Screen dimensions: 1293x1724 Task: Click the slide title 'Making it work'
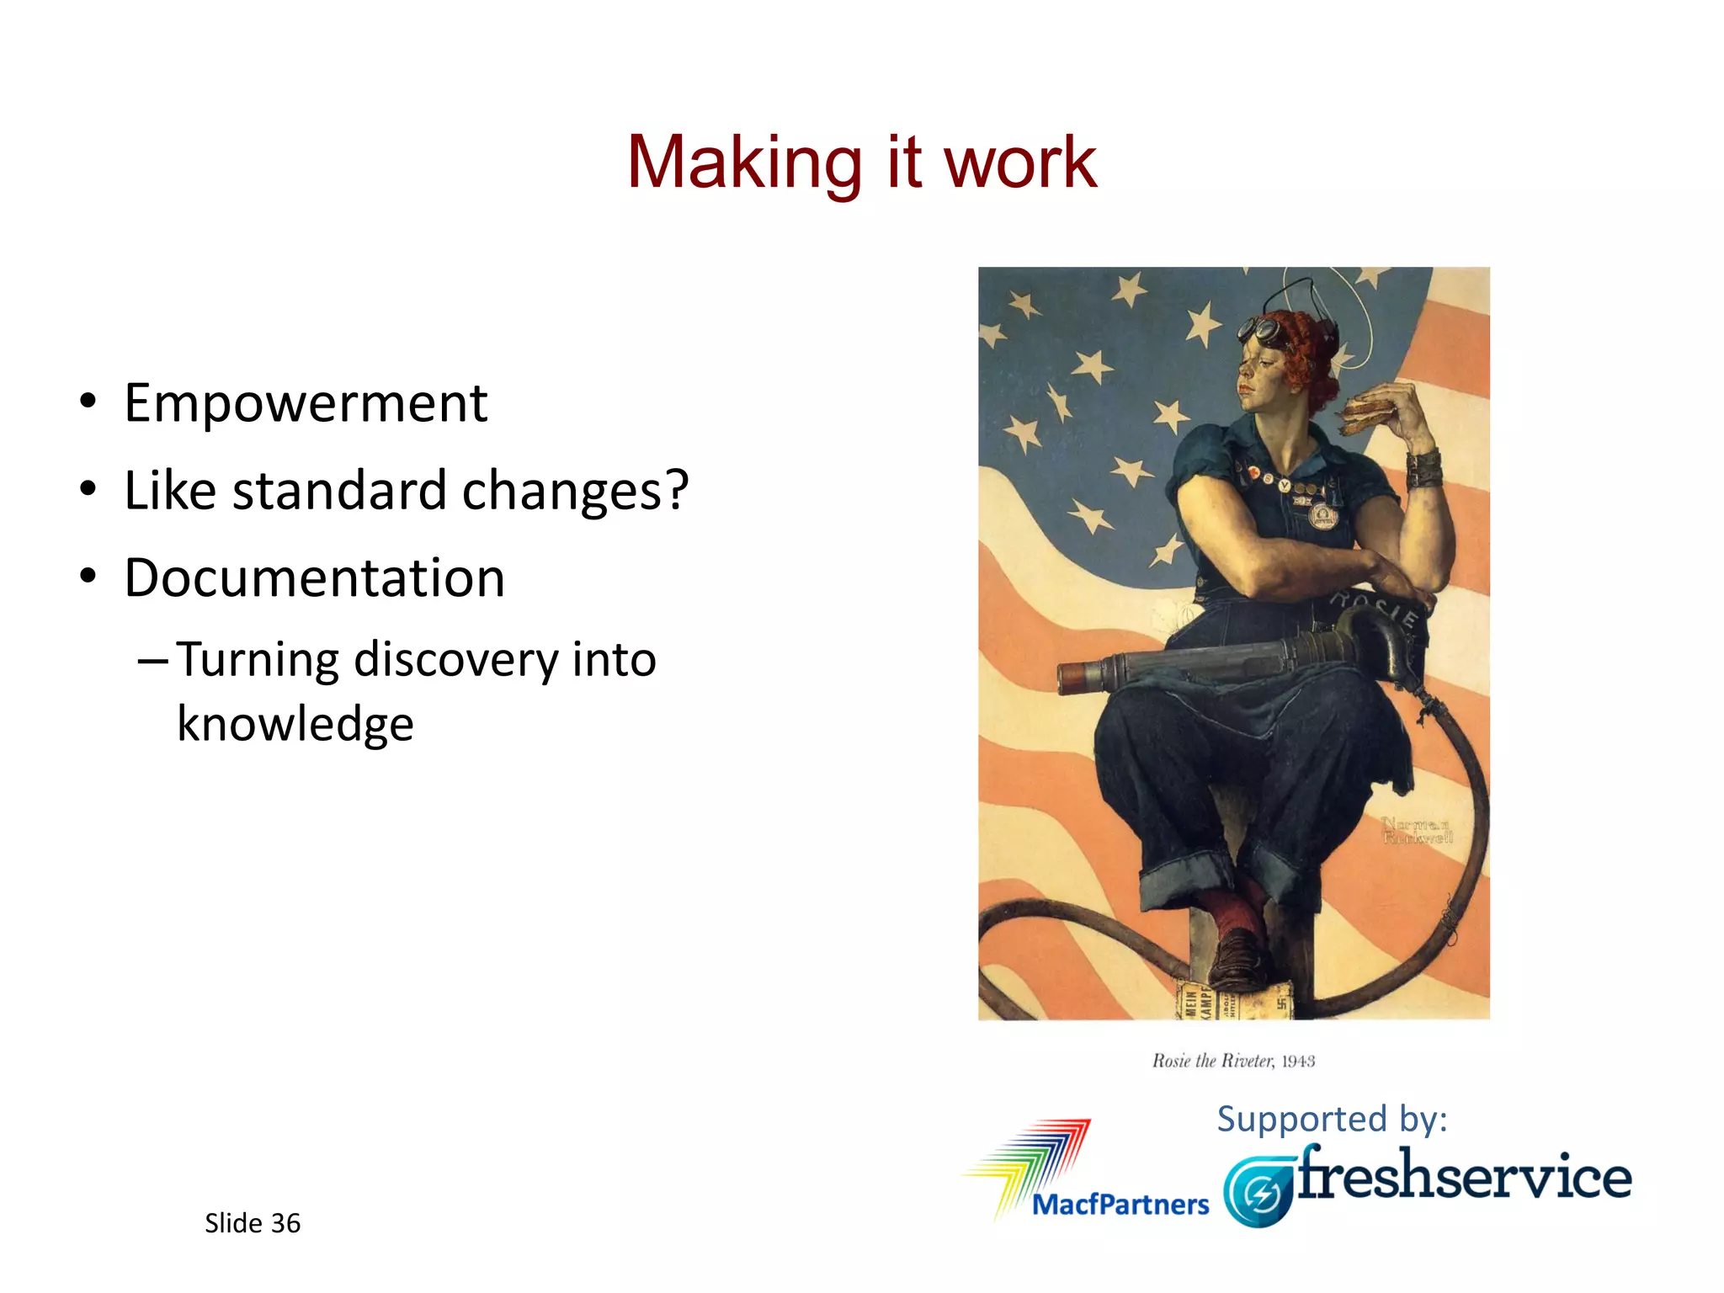[x=861, y=162]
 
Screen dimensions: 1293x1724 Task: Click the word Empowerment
[x=306, y=403]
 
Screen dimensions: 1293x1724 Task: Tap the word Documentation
[x=315, y=578]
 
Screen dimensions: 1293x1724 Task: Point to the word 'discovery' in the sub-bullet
[x=455, y=659]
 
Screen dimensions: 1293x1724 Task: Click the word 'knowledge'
[x=295, y=724]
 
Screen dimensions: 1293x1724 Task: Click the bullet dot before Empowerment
[x=88, y=402]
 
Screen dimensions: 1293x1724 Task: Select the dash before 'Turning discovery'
[x=152, y=661]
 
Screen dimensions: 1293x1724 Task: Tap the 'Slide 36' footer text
[x=252, y=1223]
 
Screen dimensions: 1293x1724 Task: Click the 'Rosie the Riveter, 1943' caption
[x=1233, y=1061]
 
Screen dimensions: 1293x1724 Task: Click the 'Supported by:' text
[x=1332, y=1119]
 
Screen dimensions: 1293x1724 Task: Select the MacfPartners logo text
[x=1120, y=1205]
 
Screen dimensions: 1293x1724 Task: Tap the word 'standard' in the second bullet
[x=339, y=491]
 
